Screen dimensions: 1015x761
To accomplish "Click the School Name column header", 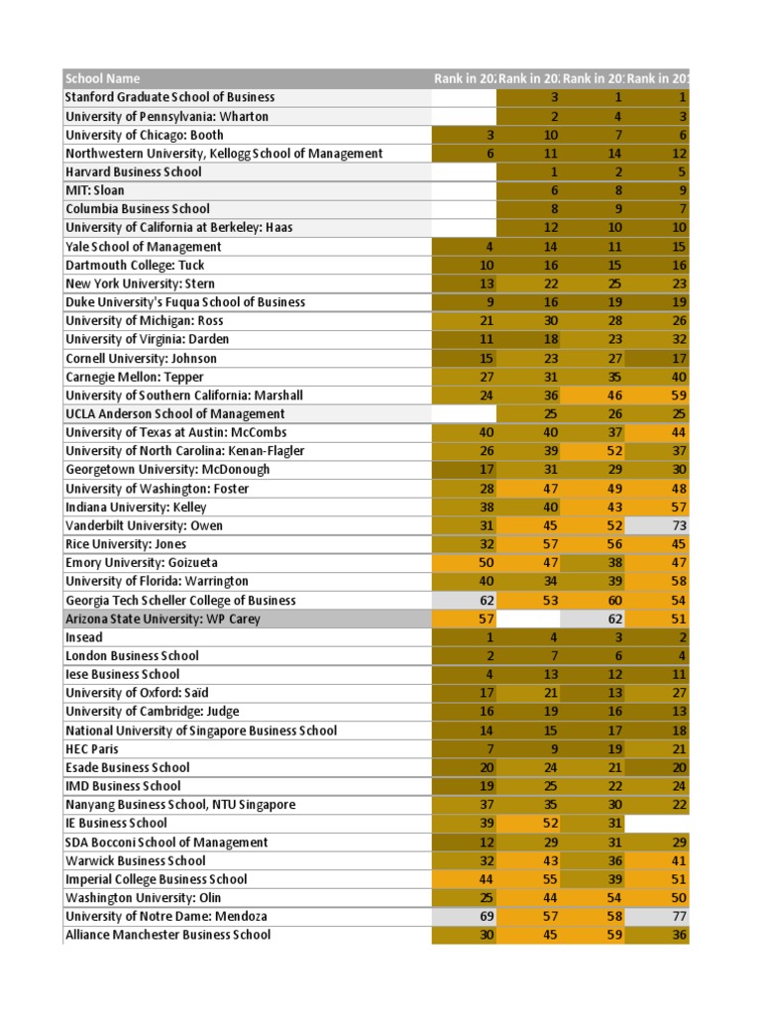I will [103, 78].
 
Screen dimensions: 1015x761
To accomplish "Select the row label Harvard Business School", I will [133, 171].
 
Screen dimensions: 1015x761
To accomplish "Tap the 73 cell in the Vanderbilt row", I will [658, 525].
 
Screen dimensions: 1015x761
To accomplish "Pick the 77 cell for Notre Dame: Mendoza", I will [658, 916].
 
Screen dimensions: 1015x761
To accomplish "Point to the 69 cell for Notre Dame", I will [464, 916].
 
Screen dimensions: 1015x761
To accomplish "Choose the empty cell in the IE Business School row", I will [658, 823].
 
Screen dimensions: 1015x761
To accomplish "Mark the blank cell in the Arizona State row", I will [528, 619].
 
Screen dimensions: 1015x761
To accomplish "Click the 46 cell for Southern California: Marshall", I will [594, 395].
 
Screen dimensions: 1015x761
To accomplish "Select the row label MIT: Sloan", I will [94, 190].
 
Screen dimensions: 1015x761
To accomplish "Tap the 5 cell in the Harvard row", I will [658, 171].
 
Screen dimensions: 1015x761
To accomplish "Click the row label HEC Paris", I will [91, 748].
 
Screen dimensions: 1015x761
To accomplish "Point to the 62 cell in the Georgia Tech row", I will [464, 600].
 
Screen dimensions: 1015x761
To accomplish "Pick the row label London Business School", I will [131, 655].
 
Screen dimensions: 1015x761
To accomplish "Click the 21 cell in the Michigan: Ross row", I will [464, 320].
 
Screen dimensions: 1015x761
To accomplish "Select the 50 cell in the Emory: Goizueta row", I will [464, 562].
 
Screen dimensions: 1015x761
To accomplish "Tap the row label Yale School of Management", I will [143, 246].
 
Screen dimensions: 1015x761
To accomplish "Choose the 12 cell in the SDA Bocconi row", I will [464, 842].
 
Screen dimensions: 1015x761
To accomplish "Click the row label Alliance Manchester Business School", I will [167, 935].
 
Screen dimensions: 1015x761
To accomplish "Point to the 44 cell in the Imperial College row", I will [464, 879].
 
